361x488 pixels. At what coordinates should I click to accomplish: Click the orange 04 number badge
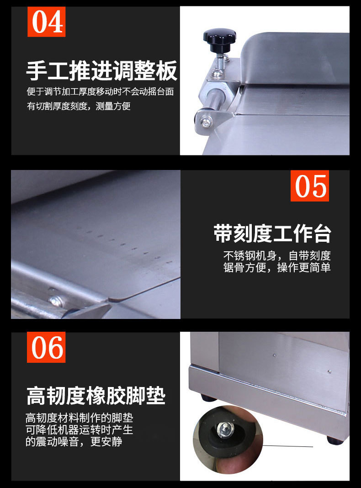tap(46, 21)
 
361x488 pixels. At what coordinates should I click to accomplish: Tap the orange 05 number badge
tap(310, 186)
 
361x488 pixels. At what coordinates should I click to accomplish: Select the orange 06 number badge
tap(46, 347)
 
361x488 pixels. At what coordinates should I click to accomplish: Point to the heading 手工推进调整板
tap(101, 71)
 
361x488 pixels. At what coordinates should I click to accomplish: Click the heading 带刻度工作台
tap(272, 233)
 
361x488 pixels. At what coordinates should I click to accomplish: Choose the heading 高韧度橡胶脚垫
tap(96, 396)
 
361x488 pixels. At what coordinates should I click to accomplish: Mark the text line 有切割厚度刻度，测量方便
tap(79, 106)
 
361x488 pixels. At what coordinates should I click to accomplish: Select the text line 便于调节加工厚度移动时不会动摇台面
tap(100, 91)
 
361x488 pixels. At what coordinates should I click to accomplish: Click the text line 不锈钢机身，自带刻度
tap(277, 255)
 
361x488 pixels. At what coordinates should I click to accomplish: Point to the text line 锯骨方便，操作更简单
tap(277, 267)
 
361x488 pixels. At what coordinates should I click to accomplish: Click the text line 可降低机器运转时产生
tap(80, 430)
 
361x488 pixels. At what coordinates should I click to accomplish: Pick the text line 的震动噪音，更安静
tap(74, 441)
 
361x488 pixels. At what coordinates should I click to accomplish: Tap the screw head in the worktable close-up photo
tap(56, 301)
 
